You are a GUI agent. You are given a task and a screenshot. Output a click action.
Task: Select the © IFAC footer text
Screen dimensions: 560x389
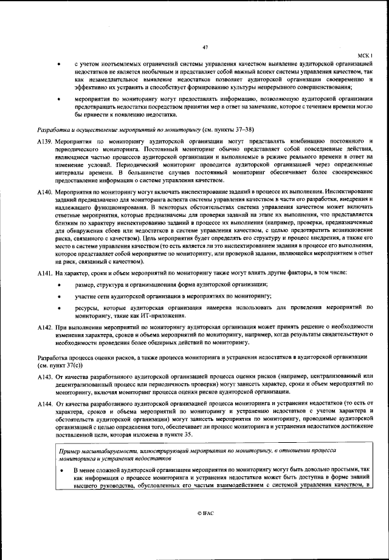[x=205, y=513]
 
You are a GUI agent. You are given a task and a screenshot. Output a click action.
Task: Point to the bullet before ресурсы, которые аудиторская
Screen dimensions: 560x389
[x=59, y=309]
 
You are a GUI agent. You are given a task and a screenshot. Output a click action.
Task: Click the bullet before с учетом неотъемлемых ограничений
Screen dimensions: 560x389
[x=59, y=64]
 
